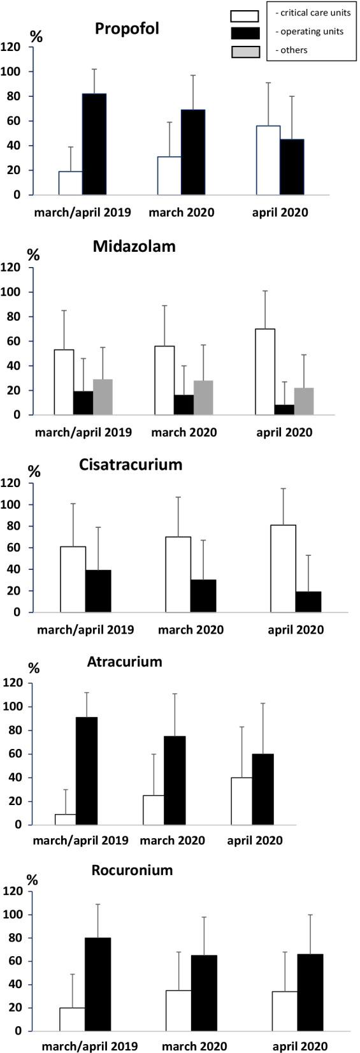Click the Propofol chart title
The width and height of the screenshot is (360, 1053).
point(127,29)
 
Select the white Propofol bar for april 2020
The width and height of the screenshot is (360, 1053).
point(268,160)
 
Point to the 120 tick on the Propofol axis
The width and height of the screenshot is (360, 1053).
point(11,47)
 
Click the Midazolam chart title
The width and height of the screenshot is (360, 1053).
point(134,247)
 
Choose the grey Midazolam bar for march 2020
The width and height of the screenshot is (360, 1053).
point(204,398)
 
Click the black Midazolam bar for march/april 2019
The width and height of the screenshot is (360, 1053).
point(83,403)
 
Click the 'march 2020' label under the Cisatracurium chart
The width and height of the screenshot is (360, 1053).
point(191,630)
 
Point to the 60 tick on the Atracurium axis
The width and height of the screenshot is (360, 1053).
point(11,754)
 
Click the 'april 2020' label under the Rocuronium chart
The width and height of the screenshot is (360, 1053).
point(299,1046)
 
